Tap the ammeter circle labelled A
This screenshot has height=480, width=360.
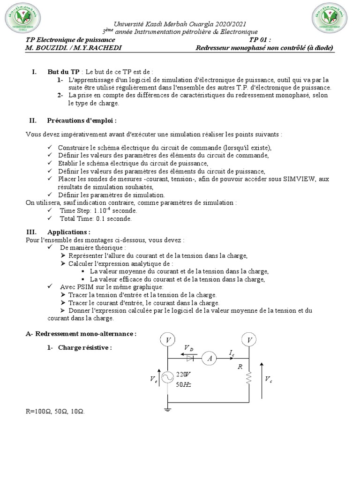pyautogui.click(x=209, y=359)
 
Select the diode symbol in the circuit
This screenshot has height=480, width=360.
pyautogui.click(x=189, y=359)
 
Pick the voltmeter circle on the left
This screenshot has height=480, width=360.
pyautogui.click(x=168, y=339)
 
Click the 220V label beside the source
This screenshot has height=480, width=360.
pyautogui.click(x=182, y=374)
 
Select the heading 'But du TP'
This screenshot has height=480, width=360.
pyautogui.click(x=63, y=72)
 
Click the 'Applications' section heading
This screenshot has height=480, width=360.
pyautogui.click(x=69, y=232)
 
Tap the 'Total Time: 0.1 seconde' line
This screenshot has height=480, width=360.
pyautogui.click(x=96, y=218)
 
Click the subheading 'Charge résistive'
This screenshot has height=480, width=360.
pyautogui.click(x=85, y=347)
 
